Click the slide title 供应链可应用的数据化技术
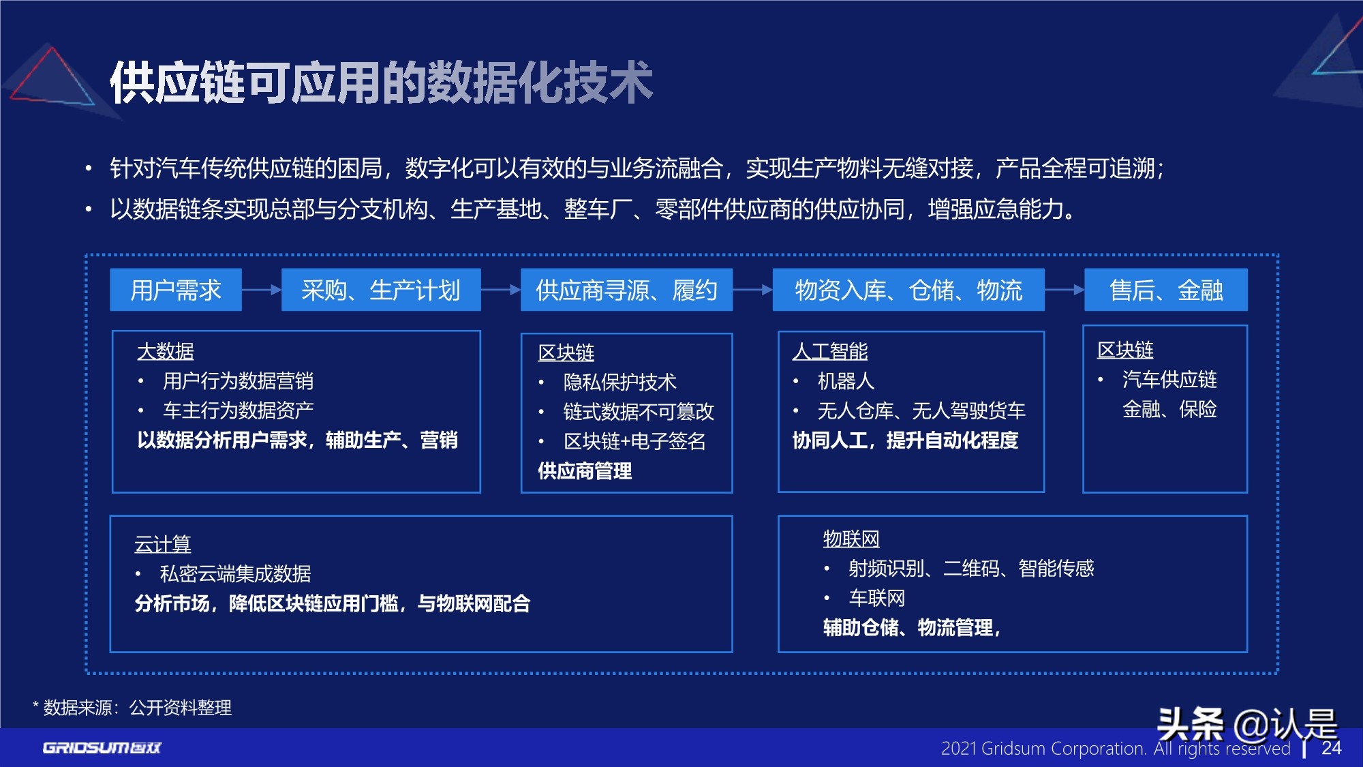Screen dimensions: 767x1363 click(x=382, y=83)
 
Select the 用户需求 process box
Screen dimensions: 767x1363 click(x=176, y=290)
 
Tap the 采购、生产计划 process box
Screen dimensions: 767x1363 click(x=381, y=290)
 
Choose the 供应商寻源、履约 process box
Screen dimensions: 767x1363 click(x=626, y=290)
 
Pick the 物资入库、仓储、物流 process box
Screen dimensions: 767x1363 click(x=908, y=290)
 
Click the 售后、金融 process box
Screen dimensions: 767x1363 click(x=1166, y=290)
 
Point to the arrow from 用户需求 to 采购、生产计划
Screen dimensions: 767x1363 click(x=262, y=290)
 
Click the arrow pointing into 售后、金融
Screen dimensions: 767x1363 click(x=1065, y=290)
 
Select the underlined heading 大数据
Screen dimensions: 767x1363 click(x=166, y=351)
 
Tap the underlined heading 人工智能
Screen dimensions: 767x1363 click(x=829, y=351)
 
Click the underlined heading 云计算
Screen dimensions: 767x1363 click(x=162, y=544)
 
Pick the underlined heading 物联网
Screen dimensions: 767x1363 click(x=851, y=539)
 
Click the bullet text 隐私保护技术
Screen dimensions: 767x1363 click(x=619, y=382)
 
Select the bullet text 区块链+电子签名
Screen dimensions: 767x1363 click(x=634, y=441)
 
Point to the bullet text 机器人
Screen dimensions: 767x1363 click(x=846, y=381)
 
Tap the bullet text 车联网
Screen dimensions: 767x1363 click(x=877, y=598)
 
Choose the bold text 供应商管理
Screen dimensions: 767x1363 click(x=585, y=470)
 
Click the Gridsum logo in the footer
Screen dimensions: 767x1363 click(x=102, y=748)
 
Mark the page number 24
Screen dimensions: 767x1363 click(x=1331, y=748)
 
